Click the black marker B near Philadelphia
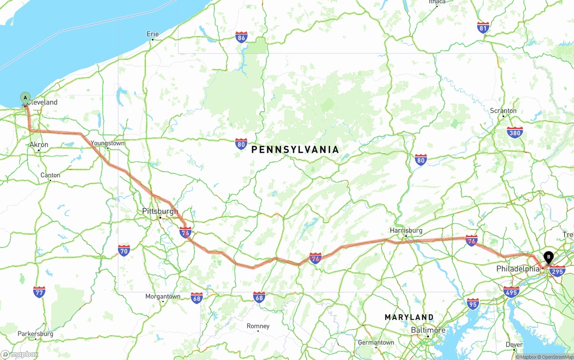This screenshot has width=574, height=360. tap(548, 257)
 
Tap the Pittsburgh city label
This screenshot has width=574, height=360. tap(160, 211)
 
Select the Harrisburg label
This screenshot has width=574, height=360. tap(406, 230)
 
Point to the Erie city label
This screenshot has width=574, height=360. tap(152, 34)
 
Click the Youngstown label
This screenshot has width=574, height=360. tap(107, 143)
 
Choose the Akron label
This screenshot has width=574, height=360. tap(39, 145)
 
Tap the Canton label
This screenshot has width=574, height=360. tap(50, 175)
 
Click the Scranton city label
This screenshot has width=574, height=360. tap(503, 111)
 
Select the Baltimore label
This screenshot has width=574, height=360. tap(428, 330)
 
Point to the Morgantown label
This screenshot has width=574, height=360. tap(163, 296)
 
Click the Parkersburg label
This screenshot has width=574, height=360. tap(35, 334)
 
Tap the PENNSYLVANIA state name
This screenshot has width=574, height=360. tap(295, 150)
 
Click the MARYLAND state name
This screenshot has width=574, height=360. tap(409, 317)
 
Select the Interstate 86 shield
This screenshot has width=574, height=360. tap(242, 37)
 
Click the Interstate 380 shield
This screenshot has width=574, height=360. tap(515, 132)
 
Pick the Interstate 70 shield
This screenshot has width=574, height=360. tap(124, 250)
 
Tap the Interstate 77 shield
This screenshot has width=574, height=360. tap(39, 292)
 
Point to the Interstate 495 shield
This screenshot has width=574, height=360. tap(511, 291)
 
